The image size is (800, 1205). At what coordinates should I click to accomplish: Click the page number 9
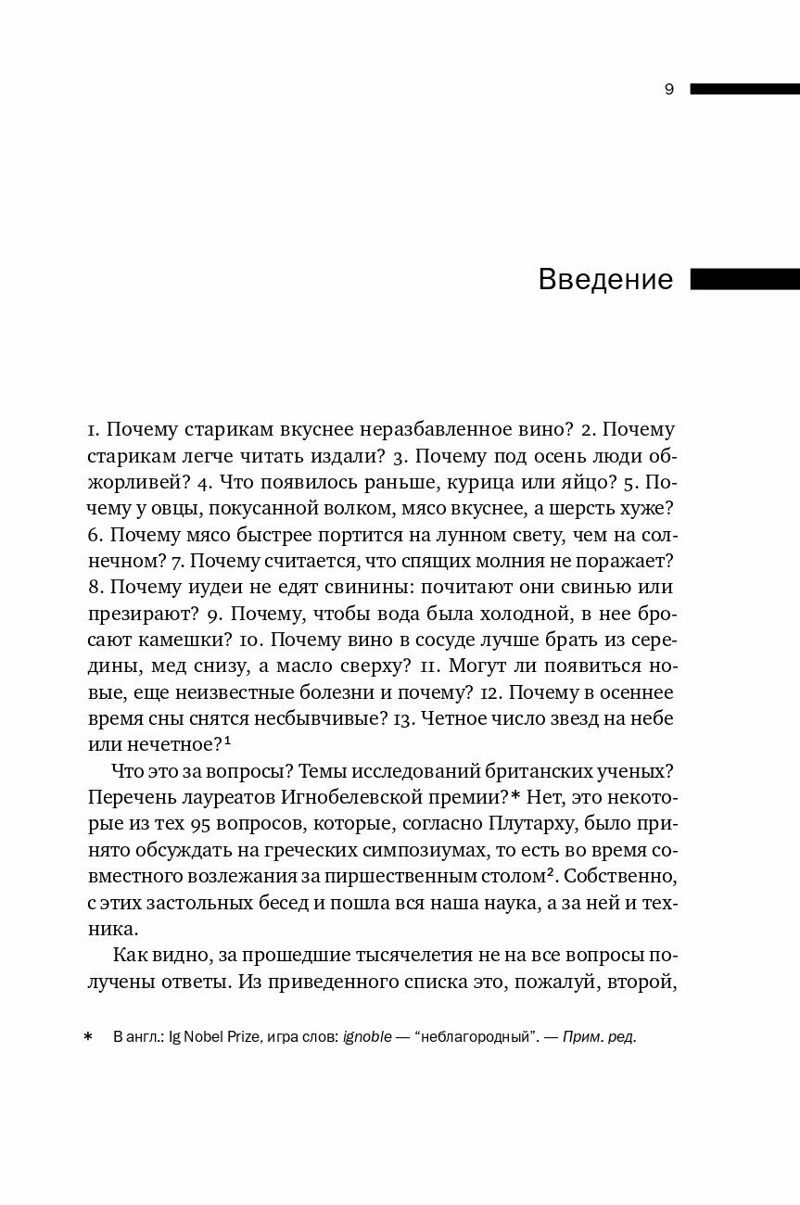click(x=669, y=90)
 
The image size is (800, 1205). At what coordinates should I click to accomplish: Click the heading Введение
click(x=605, y=279)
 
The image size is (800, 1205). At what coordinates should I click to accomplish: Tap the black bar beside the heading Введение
click(x=744, y=279)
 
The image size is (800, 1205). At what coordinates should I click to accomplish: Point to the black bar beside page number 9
click(x=744, y=89)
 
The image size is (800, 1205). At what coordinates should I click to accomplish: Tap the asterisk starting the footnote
click(x=88, y=1037)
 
